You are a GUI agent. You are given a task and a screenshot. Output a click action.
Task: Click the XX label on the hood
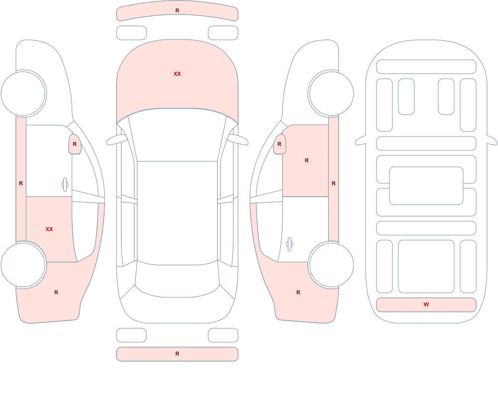(177, 74)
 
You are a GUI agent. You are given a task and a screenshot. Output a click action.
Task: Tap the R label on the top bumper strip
(177, 11)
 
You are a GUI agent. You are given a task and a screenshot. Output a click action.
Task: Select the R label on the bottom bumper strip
(177, 354)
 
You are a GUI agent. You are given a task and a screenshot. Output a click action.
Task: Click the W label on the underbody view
(426, 304)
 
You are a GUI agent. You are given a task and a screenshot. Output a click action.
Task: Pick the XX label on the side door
(49, 229)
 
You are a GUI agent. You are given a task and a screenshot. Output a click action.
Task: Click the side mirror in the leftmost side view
(75, 144)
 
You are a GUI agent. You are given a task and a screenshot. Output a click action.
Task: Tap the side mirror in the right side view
(279, 144)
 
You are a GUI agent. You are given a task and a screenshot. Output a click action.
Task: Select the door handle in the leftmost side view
(65, 184)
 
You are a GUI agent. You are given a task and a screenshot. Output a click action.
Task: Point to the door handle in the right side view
(289, 245)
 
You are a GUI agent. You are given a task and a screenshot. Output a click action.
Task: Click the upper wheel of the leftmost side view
(23, 94)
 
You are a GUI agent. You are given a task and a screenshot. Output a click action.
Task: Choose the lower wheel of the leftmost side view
(23, 264)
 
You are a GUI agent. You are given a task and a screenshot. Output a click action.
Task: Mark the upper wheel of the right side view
(331, 94)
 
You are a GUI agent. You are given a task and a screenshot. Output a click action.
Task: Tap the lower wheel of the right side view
(331, 264)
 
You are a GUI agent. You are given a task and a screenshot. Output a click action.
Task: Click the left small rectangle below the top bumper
(131, 33)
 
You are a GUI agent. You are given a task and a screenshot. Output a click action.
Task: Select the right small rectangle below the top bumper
(223, 33)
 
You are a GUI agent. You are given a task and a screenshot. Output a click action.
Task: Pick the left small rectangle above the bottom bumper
(131, 335)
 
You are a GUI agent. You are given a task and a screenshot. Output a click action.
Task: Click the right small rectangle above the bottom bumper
(223, 335)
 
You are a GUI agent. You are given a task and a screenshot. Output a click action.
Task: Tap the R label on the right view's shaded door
(307, 160)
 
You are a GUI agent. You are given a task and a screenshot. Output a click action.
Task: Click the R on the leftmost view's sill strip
(21, 183)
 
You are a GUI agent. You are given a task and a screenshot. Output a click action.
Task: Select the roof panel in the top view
(177, 212)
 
